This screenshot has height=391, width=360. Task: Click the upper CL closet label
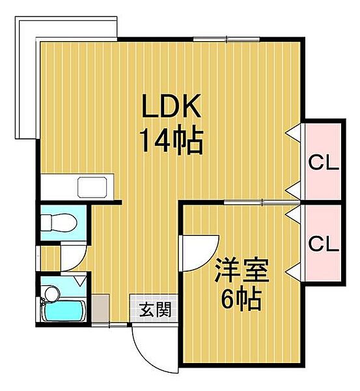(324, 161)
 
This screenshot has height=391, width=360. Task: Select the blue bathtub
(64, 311)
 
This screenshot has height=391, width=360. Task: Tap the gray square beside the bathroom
(100, 307)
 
